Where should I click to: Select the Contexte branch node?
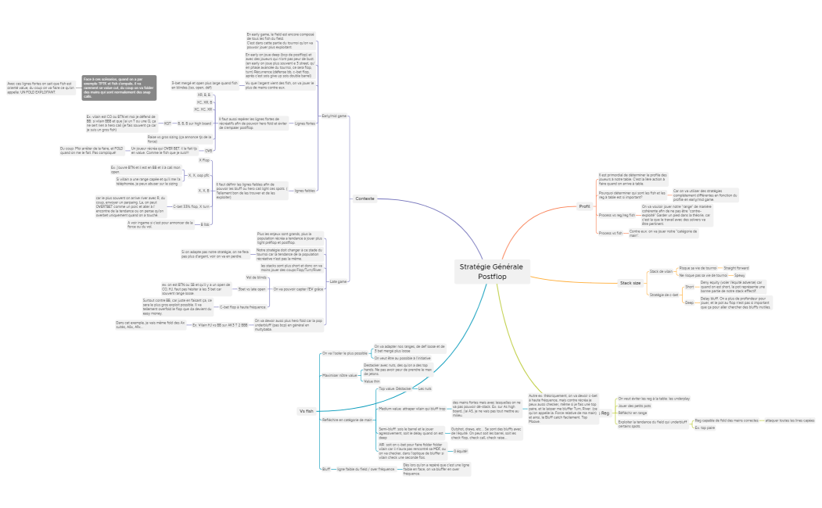coord(364,199)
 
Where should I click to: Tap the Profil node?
coord(583,206)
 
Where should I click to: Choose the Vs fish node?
coord(306,410)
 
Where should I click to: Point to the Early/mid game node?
coord(334,115)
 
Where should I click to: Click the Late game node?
coord(338,281)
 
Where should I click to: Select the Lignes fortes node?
coord(305,123)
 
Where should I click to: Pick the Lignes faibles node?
coord(304,191)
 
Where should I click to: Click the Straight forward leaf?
coord(736,267)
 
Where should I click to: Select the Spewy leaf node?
coord(739,276)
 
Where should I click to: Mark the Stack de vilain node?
coord(661,271)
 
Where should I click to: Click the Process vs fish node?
coord(610,233)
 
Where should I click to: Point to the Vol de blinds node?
coord(257,277)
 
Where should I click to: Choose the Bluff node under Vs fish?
coord(325,469)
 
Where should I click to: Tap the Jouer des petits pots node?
coord(634,406)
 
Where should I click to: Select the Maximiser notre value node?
coord(339,374)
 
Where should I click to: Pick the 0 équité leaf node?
coord(461,451)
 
